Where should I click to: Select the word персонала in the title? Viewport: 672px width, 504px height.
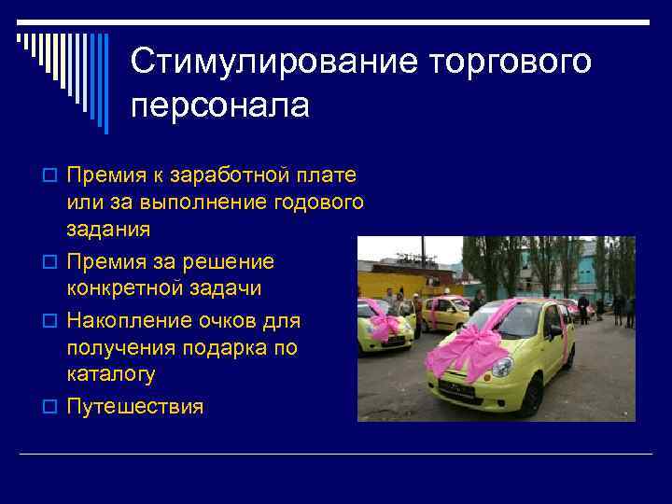click(x=219, y=105)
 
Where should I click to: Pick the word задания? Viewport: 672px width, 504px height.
click(x=109, y=229)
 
